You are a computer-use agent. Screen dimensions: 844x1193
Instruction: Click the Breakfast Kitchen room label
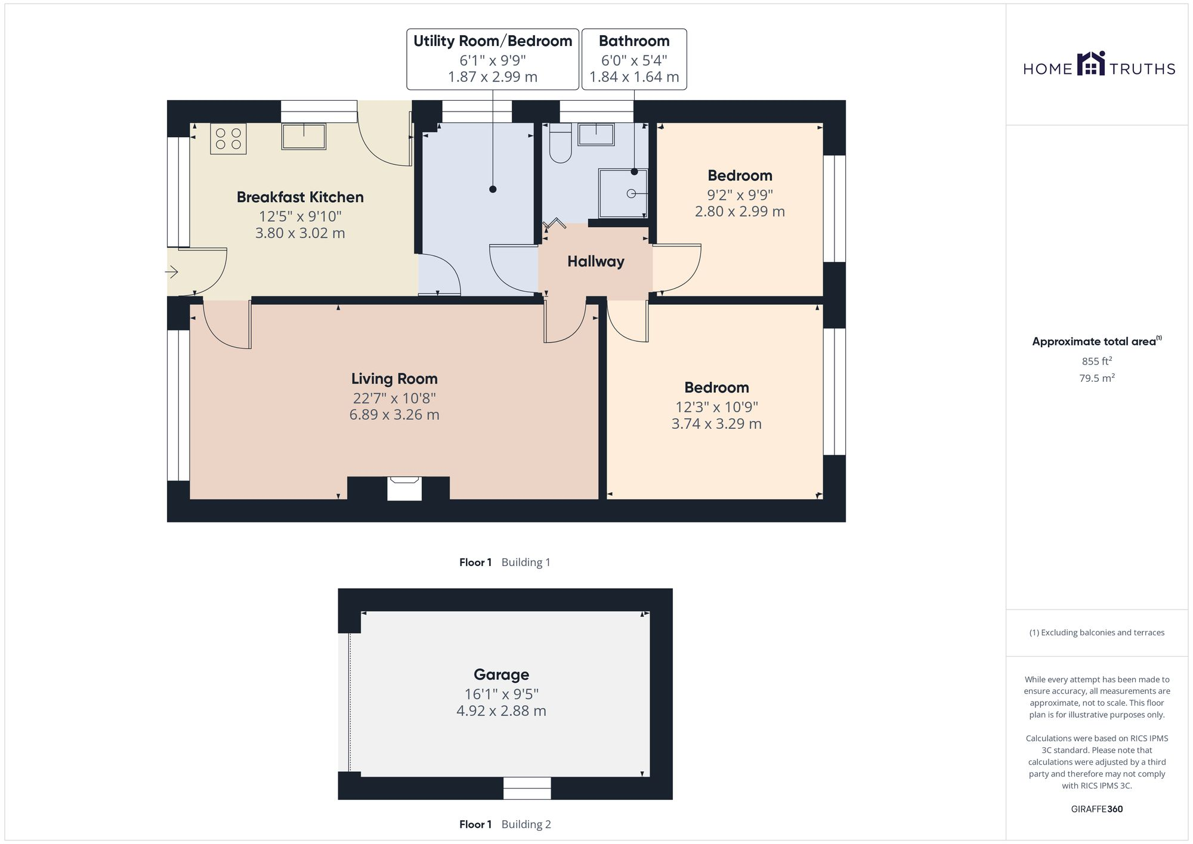(x=300, y=197)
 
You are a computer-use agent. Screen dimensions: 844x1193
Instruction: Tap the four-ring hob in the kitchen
(x=228, y=139)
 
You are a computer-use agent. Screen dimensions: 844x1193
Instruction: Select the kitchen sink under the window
(x=304, y=136)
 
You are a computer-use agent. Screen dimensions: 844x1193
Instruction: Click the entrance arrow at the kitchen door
(x=172, y=273)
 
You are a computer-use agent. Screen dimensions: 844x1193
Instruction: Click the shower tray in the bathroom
(x=623, y=193)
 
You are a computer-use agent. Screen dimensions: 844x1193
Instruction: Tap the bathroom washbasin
(x=596, y=134)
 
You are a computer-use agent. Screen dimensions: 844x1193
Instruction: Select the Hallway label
(x=595, y=262)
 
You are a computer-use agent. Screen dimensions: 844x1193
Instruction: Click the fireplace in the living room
(x=404, y=488)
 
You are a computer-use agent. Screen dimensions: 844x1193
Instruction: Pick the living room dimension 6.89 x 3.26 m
(x=394, y=415)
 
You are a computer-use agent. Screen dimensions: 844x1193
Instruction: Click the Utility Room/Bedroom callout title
(x=493, y=41)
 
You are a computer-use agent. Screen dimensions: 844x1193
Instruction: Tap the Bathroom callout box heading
(x=634, y=41)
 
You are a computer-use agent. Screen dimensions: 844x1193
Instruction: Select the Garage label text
(x=501, y=675)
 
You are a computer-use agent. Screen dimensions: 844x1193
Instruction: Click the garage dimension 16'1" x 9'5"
(x=501, y=694)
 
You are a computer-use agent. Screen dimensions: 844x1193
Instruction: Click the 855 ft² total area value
(x=1096, y=361)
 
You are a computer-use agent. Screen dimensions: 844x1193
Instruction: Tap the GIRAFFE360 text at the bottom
(x=1096, y=809)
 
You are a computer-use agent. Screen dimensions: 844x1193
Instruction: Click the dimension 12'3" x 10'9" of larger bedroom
(x=716, y=407)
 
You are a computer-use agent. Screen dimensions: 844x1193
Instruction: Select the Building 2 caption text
(x=526, y=824)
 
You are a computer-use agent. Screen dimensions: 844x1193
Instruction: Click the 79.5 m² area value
(x=1096, y=378)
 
